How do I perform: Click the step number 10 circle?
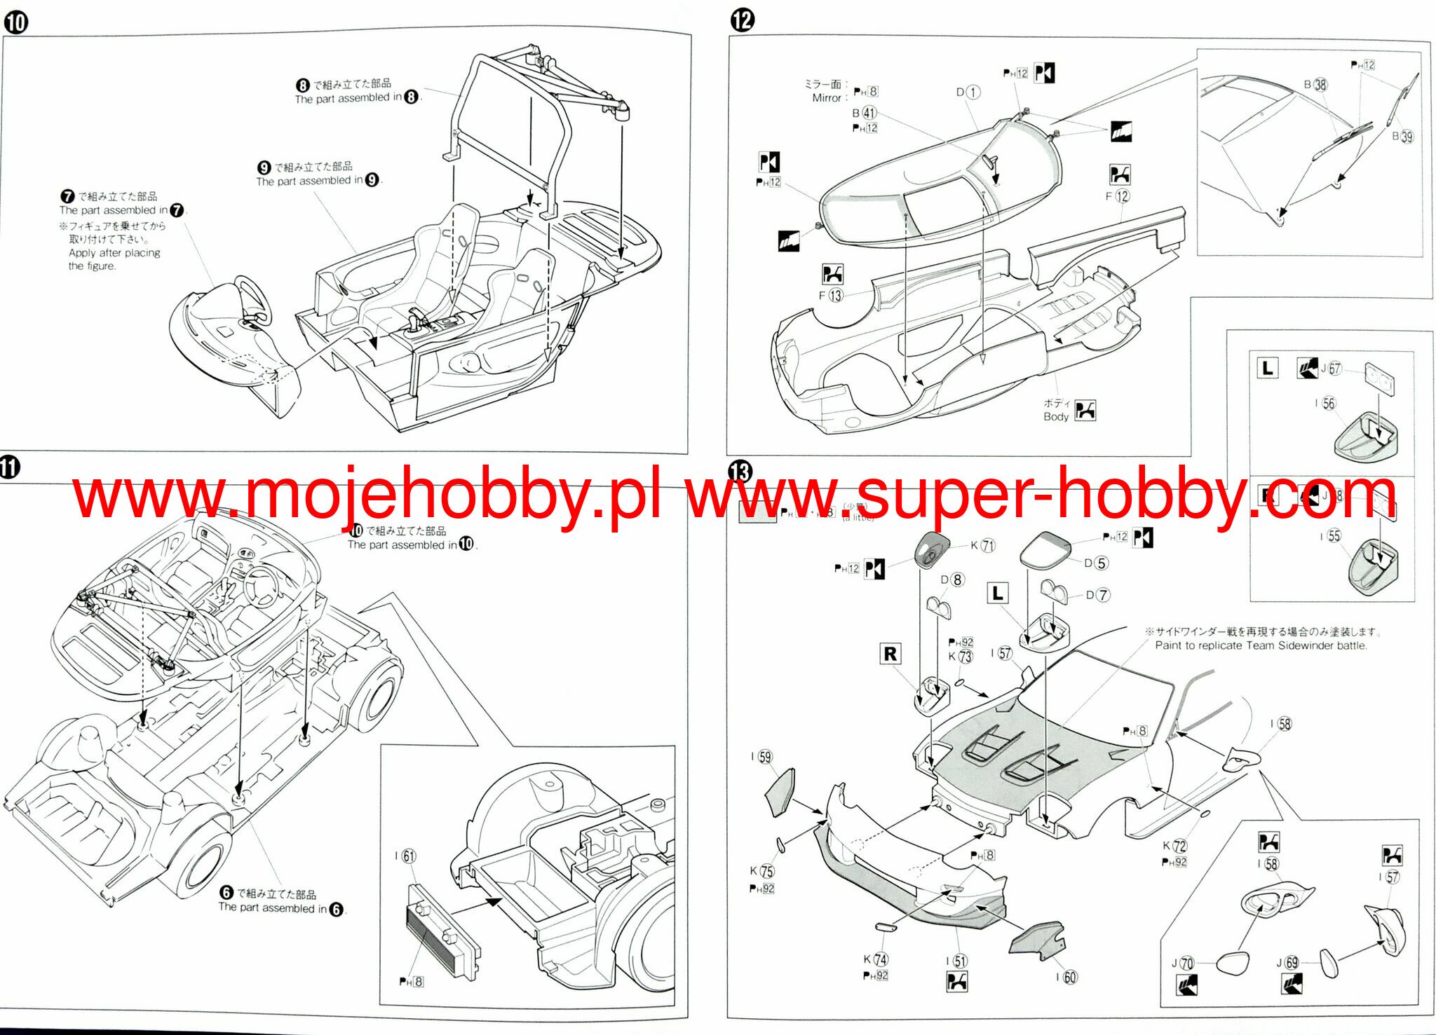15,22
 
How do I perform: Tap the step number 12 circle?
743,20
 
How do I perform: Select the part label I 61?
405,856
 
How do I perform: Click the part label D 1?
968,92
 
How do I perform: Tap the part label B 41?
864,113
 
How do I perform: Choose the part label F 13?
830,296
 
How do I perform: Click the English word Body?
1056,417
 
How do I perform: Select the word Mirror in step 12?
827,98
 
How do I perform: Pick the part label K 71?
983,545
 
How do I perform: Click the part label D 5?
1095,563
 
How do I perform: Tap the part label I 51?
956,961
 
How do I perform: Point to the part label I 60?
1066,977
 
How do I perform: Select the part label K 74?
875,959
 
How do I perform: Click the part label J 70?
1182,964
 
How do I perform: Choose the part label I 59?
761,757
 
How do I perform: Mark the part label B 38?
1315,85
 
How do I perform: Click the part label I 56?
1325,403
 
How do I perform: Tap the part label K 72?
1174,846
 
